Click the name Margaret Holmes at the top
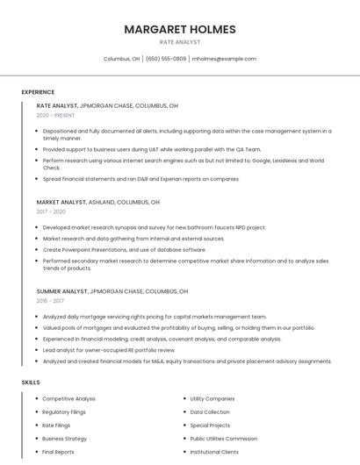point(180,29)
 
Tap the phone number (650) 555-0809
point(166,59)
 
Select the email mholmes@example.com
point(224,59)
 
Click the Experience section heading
point(38,92)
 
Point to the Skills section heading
point(31,383)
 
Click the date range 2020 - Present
point(55,115)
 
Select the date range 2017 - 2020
point(51,211)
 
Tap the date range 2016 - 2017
point(51,300)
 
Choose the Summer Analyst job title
point(62,291)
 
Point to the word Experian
point(171,179)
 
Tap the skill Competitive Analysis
point(69,398)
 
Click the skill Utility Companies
point(212,398)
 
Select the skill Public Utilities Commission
point(224,439)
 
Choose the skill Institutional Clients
point(214,452)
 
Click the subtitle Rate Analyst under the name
point(180,42)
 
